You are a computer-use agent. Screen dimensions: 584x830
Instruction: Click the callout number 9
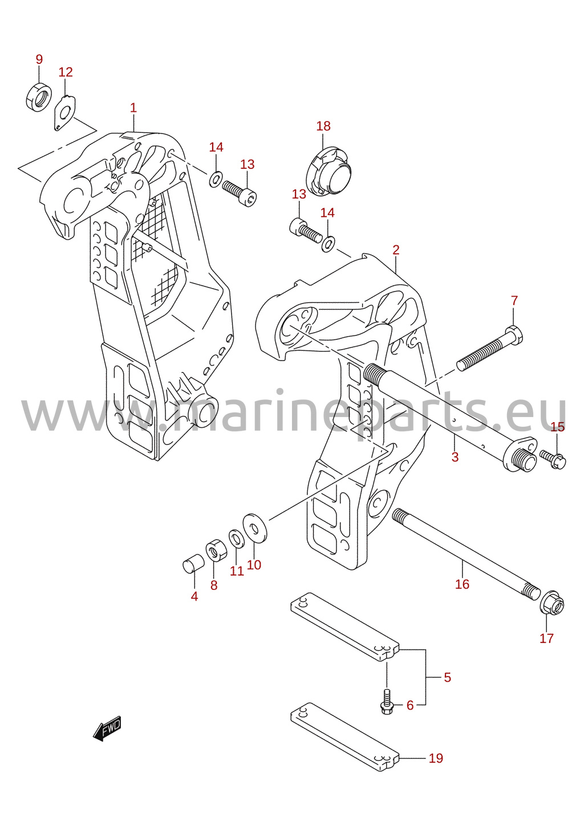point(39,59)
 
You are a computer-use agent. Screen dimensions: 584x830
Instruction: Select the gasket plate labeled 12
point(65,113)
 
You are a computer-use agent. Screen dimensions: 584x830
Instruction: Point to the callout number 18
point(323,126)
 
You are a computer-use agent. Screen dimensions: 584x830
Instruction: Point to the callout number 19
point(436,758)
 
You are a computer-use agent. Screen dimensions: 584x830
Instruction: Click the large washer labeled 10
point(254,528)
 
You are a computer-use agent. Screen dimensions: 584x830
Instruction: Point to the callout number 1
point(133,108)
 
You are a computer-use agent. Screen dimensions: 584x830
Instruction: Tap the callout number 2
point(396,250)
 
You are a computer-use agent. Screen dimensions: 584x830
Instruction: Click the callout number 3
point(455,457)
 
